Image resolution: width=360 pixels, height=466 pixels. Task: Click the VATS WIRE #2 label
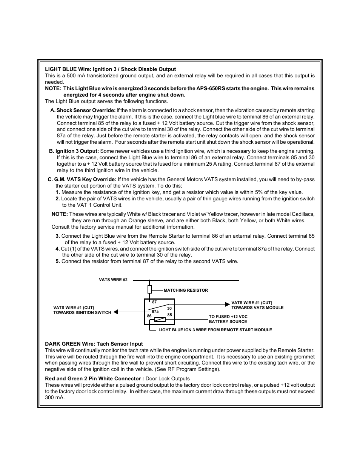pos(113,280)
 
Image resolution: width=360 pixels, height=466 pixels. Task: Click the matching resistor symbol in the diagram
pos(149,289)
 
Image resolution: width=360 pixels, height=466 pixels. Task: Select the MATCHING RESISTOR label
pos(186,290)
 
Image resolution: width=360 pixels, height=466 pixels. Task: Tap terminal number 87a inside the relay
pos(155,311)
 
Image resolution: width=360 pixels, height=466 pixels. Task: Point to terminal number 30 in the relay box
pos(169,308)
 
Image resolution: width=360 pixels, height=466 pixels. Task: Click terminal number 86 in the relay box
pos(149,316)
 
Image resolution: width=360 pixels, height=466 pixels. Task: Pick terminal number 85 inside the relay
pos(169,315)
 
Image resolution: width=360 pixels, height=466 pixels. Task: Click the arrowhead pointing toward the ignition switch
pos(116,312)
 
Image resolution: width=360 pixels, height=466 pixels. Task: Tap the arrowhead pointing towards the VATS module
pos(228,304)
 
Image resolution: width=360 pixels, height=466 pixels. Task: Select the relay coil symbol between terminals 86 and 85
pos(160,320)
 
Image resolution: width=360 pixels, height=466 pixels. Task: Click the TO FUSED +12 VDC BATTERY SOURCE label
pos(228,319)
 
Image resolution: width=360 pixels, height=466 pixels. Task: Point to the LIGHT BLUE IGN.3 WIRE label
pos(215,330)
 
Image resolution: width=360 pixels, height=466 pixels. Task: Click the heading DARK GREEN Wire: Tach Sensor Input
pos(94,344)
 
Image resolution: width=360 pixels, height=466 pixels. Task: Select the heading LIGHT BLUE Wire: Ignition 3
pos(110,69)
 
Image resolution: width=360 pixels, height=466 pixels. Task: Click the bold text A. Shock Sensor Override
pos(83,110)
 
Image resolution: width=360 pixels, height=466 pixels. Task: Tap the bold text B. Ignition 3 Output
pos(74,151)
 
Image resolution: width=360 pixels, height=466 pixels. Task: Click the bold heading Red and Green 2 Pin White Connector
pos(94,378)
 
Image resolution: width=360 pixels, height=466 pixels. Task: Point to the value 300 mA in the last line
pos(55,398)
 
